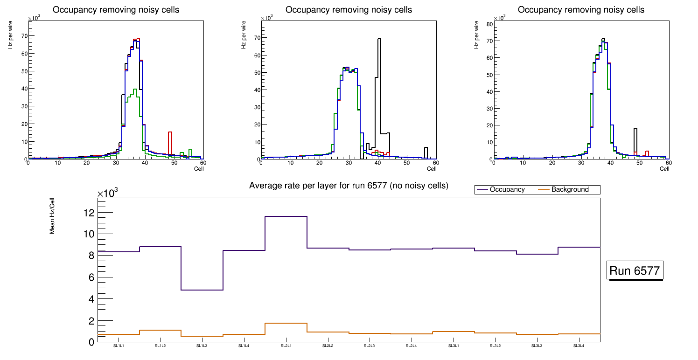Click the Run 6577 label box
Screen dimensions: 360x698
tap(635, 270)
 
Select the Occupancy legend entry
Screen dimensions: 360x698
tap(507, 190)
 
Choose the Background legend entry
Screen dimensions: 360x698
tap(570, 190)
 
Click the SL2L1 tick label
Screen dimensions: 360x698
tap(286, 346)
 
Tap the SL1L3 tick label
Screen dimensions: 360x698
tap(202, 346)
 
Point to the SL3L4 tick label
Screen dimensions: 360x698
tap(579, 346)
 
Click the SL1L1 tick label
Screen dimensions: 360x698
tap(119, 346)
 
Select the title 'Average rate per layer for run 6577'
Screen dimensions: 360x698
tap(349, 186)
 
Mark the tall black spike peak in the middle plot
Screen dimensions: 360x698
tap(379, 39)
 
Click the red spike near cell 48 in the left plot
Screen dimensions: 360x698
tap(170, 132)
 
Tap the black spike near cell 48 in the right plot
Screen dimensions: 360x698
tap(635, 129)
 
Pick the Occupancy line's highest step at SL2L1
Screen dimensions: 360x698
tap(286, 216)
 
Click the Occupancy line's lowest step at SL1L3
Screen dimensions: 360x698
tap(202, 290)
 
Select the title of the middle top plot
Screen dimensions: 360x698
tap(349, 10)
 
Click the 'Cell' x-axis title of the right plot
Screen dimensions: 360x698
tap(664, 168)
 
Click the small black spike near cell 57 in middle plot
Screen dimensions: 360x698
tap(426, 148)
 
